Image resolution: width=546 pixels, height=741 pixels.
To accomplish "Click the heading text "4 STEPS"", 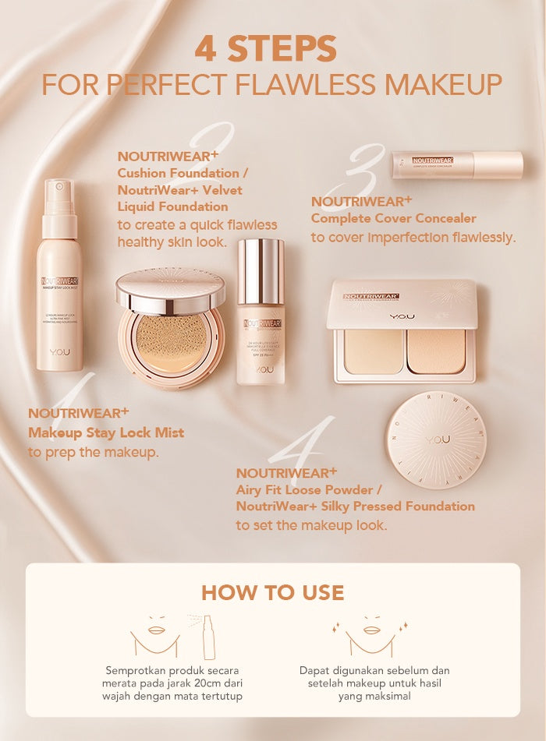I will [x=265, y=48].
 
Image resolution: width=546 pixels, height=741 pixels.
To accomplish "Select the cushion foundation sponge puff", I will [x=171, y=343].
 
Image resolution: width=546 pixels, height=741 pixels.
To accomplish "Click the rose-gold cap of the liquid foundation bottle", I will [x=261, y=270].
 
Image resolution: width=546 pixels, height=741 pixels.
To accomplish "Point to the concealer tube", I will [x=456, y=164].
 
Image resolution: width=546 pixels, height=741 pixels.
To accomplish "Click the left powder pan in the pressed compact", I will [x=374, y=351].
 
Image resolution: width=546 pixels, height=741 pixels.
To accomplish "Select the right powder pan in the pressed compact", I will [x=436, y=351].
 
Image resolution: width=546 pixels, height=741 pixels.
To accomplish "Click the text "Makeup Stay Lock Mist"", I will [x=106, y=432].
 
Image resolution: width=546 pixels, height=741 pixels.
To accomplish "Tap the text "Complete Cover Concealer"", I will [x=393, y=218].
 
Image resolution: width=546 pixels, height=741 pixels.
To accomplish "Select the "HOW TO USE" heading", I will [x=272, y=592].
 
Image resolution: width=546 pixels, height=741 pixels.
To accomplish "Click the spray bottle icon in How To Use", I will [x=208, y=637].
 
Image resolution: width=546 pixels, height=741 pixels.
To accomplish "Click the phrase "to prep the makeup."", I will [x=94, y=452].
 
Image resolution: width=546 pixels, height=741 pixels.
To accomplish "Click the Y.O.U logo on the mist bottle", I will [x=59, y=352].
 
